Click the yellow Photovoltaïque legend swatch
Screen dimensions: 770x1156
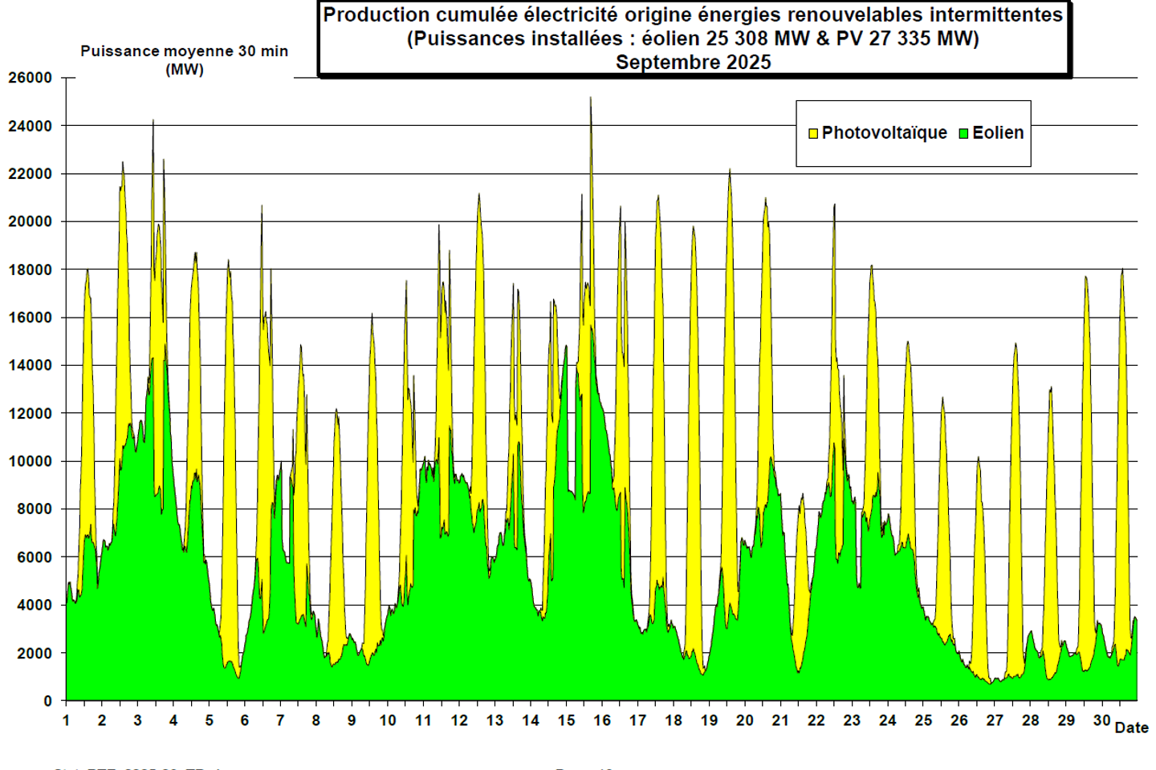(813, 133)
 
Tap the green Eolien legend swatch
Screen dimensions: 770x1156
(963, 133)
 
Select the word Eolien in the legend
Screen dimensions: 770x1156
(998, 133)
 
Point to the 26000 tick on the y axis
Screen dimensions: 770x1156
(31, 78)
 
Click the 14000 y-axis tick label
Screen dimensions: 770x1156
(31, 365)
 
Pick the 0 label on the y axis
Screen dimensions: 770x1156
(47, 701)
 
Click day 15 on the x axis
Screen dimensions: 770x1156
(566, 720)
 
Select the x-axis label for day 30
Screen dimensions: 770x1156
(1101, 720)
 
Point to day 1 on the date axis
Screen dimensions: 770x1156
(66, 720)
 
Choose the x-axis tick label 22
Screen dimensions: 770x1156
(816, 720)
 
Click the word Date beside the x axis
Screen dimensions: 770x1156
(1131, 727)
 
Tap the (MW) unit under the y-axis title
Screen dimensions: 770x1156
(185, 70)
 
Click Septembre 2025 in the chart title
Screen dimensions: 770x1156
(693, 63)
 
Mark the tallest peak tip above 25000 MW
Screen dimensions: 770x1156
(591, 99)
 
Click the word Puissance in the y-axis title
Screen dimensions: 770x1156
(120, 51)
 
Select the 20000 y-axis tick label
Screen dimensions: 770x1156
(31, 221)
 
